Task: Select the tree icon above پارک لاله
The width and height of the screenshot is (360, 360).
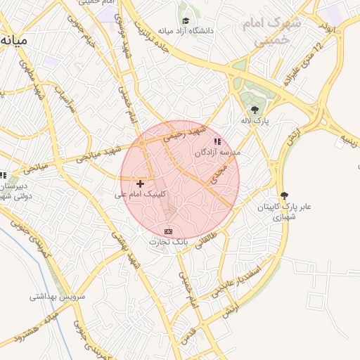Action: [x=255, y=109]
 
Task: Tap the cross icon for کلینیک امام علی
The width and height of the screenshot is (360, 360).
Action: [x=141, y=184]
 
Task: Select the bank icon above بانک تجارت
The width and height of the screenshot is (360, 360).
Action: [x=168, y=231]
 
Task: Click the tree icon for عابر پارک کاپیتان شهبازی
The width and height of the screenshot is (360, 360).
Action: [x=284, y=195]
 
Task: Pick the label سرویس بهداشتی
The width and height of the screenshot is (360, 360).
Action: [x=57, y=297]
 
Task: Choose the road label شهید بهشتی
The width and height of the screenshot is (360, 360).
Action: [x=127, y=250]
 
